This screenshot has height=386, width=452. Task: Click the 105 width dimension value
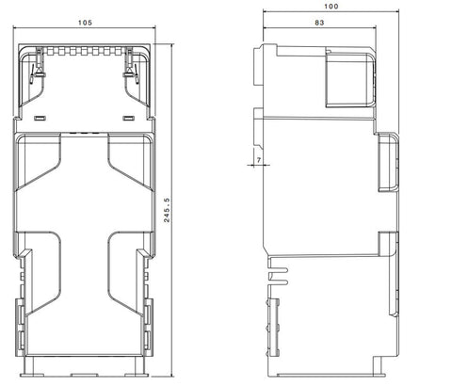85,23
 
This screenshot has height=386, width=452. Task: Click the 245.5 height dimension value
167,210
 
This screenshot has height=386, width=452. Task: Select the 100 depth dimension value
331,7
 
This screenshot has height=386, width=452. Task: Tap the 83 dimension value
319,23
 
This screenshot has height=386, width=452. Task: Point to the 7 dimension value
259,160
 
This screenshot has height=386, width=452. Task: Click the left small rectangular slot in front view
40,119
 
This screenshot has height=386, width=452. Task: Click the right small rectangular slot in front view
128,119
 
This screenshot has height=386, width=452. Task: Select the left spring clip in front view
38,67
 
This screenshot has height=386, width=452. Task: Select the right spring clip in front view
131,67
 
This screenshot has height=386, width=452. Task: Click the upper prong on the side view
279,270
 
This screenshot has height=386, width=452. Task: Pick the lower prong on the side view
279,282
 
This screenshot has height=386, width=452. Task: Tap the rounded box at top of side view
350,80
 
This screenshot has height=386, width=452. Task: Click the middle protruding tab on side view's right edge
388,162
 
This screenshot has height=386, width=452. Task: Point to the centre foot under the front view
85,375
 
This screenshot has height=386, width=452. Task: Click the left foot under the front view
32,375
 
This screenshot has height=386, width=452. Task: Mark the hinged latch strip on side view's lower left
273,327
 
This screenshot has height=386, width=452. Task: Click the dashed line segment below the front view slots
84,133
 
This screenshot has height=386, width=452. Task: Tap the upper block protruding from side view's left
259,66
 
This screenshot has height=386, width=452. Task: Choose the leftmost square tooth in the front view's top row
50,51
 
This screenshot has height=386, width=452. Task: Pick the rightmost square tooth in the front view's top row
118,51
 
